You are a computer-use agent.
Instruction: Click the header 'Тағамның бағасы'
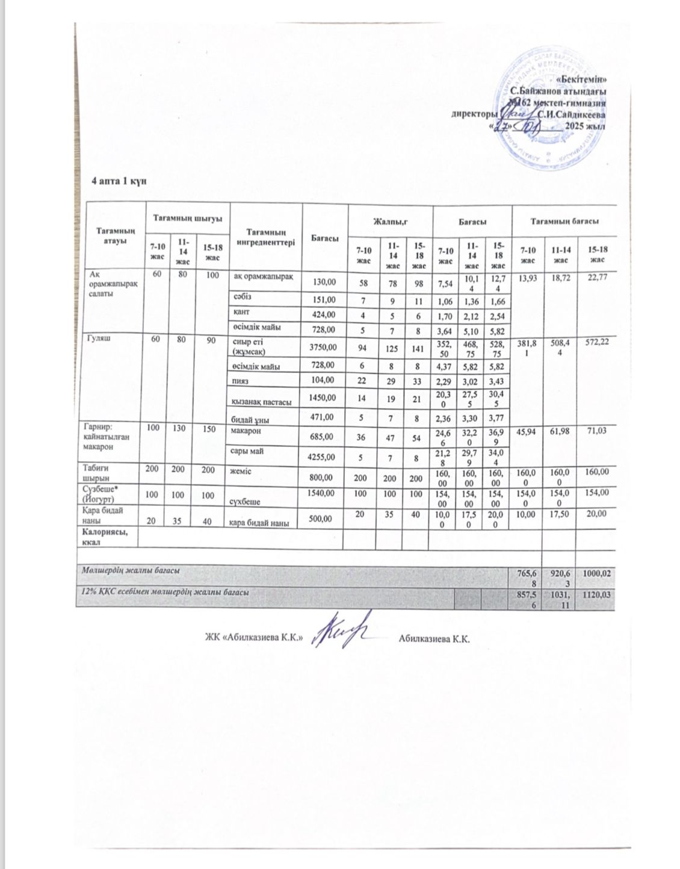coord(563,222)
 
